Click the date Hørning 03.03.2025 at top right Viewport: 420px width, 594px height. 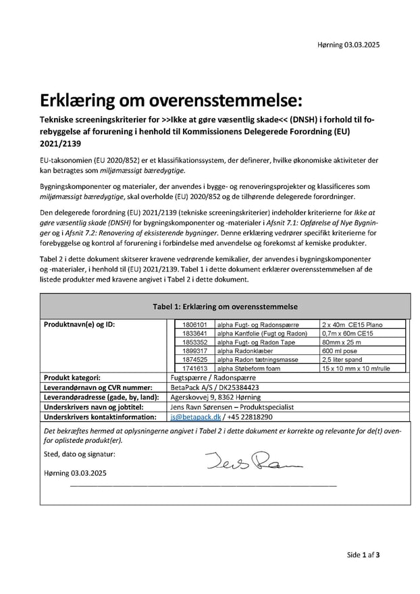tap(348, 45)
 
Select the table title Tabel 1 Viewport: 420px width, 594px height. tap(225, 306)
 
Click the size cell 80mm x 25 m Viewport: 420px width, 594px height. tap(342, 342)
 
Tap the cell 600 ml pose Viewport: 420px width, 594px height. tap(340, 351)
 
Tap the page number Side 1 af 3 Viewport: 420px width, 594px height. tap(363, 555)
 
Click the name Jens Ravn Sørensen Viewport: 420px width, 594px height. tap(202, 408)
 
